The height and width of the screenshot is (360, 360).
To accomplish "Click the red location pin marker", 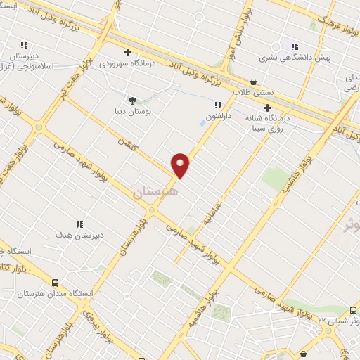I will click(x=181, y=165).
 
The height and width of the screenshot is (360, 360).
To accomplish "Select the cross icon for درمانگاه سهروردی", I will click(x=127, y=52).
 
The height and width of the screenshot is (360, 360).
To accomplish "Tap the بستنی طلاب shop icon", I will click(x=253, y=82).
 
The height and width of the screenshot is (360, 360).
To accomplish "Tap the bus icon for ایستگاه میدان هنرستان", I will click(x=55, y=280).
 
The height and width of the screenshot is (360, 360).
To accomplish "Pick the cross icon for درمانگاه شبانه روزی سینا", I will click(x=266, y=108).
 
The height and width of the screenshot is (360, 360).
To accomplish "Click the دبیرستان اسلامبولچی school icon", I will click(x=24, y=44).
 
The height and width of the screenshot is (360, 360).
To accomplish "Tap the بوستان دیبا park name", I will click(x=133, y=111).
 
